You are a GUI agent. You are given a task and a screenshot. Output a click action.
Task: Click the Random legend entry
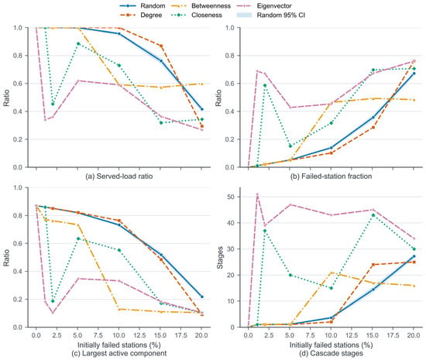(142, 5)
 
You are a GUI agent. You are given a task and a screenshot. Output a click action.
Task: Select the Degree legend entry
(141, 15)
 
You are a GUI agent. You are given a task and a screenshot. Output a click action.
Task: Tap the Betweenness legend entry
(201, 5)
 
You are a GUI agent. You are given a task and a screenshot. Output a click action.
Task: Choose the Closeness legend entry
(197, 15)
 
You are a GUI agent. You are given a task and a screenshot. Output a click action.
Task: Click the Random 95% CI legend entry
(271, 15)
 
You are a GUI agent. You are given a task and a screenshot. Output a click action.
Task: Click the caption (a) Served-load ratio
(119, 177)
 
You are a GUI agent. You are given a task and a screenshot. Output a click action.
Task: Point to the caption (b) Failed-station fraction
(332, 177)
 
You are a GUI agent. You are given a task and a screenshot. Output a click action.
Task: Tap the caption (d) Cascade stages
(332, 353)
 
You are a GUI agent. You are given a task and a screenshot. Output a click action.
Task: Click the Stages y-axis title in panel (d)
(220, 257)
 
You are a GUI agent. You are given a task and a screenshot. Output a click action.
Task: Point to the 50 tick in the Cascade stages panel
(232, 197)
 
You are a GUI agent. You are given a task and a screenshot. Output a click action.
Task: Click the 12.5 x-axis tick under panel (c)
(139, 335)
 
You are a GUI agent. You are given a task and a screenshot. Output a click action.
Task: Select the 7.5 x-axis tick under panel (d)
(311, 335)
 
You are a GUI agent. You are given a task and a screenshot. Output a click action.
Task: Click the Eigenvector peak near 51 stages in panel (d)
(257, 194)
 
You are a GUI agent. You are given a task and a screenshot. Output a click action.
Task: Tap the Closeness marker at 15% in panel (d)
(373, 215)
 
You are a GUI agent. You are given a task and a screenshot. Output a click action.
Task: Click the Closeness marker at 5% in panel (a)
(78, 43)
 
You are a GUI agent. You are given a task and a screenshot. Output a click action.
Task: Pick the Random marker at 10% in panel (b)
(332, 148)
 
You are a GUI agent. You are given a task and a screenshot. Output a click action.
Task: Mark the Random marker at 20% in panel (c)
(201, 297)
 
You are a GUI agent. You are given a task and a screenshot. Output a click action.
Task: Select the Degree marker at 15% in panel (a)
(161, 46)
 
